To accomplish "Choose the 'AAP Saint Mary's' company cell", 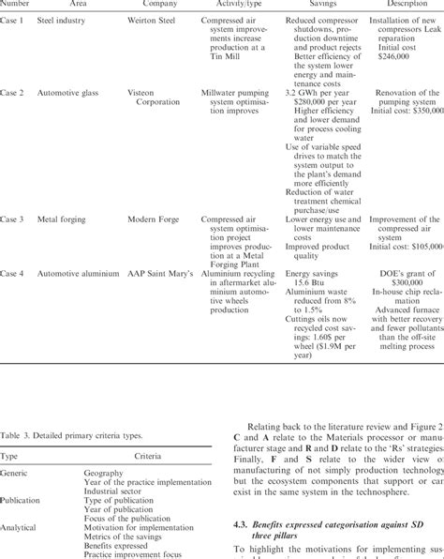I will click(x=160, y=273).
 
